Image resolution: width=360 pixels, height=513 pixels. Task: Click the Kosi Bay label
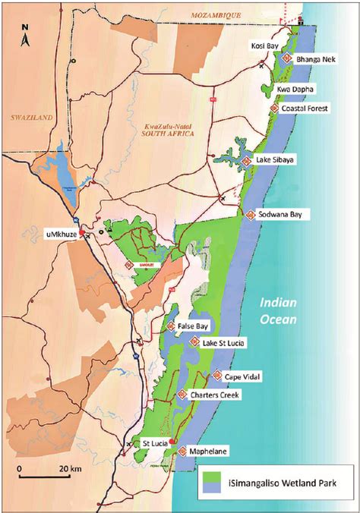pos(263,46)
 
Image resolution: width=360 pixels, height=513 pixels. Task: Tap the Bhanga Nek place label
pos(316,58)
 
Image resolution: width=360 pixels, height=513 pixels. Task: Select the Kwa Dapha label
pos(296,89)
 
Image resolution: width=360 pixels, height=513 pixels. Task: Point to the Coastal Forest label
pos(306,109)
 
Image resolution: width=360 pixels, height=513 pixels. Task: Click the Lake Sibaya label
pos(275,160)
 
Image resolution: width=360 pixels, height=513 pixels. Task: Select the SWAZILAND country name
pos(29,118)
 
